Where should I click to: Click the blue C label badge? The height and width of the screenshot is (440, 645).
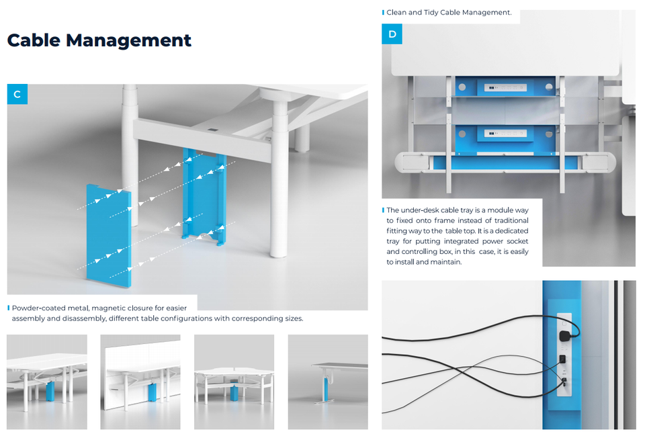coord(17,95)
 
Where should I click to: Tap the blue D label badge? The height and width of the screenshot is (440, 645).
coord(392,34)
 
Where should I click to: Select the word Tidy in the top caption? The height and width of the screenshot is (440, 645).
coord(441,12)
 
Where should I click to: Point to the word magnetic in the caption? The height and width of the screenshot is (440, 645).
coord(109,308)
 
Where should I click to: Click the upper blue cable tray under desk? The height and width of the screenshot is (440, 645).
coord(507,87)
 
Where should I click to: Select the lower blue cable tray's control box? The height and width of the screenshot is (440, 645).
coord(507,133)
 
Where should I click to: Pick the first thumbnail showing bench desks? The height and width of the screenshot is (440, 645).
coord(47,382)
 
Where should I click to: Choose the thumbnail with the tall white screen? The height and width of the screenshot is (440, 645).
coord(140,382)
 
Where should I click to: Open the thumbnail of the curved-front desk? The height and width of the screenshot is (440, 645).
coord(234,382)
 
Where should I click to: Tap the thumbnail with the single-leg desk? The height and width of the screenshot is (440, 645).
coord(328,382)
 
